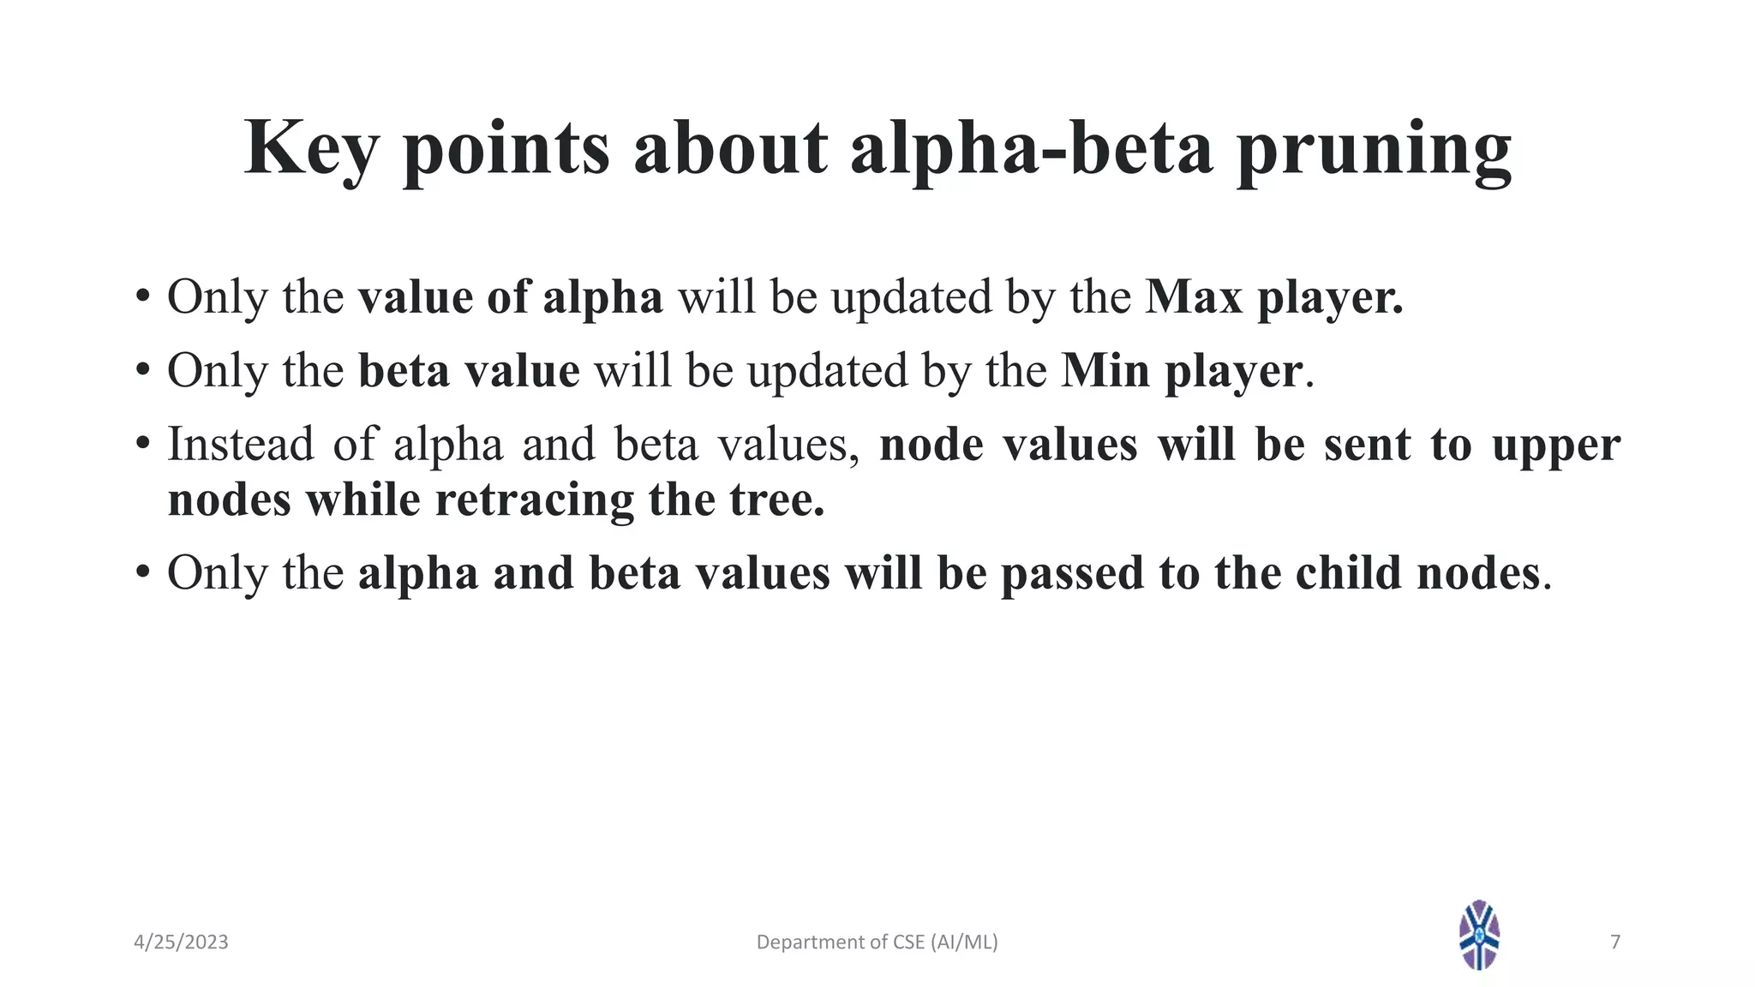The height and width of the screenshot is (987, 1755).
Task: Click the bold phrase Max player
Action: [x=1274, y=297]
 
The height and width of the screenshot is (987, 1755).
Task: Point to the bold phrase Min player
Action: [x=1182, y=371]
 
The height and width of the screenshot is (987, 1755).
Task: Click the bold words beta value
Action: [x=469, y=371]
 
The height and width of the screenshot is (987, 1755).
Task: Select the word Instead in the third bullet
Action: [x=240, y=445]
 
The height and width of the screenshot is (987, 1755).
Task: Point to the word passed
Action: [x=1072, y=573]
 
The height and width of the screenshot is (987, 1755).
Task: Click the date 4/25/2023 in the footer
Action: [x=181, y=942]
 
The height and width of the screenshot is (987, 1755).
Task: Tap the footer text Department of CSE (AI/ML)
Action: [x=877, y=942]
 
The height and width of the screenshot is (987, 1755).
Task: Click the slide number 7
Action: [x=1615, y=942]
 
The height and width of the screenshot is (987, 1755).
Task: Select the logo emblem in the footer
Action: [x=1479, y=935]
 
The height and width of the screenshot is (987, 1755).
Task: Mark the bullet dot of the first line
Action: [x=142, y=297]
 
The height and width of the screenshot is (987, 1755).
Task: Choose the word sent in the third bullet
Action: [x=1367, y=445]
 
